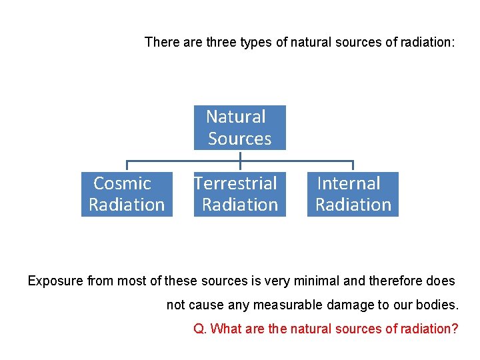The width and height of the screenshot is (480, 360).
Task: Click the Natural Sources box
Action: (x=239, y=127)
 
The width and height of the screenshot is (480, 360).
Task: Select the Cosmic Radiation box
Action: (x=127, y=194)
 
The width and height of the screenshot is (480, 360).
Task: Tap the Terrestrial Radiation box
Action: (x=239, y=194)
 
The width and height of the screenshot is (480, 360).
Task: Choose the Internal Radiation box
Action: (x=353, y=194)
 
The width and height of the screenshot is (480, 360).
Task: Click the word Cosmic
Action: (x=123, y=183)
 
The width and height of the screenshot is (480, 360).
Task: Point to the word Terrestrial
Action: (x=235, y=183)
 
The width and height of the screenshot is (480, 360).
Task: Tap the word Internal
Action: (x=349, y=183)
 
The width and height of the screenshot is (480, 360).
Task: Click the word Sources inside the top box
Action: (x=240, y=139)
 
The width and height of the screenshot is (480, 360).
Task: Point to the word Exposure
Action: (x=55, y=281)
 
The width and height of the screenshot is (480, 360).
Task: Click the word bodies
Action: (x=439, y=305)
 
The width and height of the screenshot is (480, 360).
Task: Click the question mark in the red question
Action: (x=455, y=329)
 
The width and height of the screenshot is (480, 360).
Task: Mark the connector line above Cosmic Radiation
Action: (x=127, y=165)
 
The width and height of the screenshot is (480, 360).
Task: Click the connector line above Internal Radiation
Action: (x=353, y=165)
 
